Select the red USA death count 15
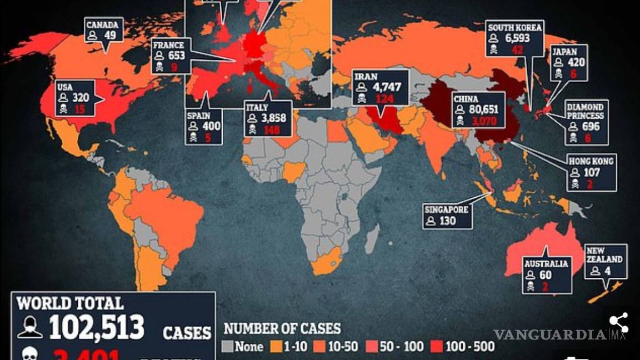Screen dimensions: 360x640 click(x=80, y=109)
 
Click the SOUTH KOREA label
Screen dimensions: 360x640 click(x=514, y=27)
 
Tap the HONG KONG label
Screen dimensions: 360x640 click(x=591, y=161)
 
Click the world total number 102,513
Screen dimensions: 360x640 click(x=96, y=327)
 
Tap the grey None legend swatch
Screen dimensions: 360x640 click(x=227, y=347)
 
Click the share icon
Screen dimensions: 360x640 click(x=618, y=322)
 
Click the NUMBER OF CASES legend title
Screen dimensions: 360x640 click(x=282, y=328)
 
